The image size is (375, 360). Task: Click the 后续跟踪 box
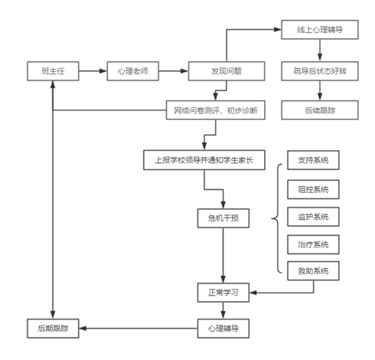[319, 110]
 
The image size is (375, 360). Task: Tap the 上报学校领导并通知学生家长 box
[203, 160]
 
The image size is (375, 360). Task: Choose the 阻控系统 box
[311, 188]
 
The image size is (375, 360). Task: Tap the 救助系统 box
[311, 271]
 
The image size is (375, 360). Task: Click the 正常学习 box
[223, 292]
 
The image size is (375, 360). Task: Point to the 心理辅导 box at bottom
[223, 329]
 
